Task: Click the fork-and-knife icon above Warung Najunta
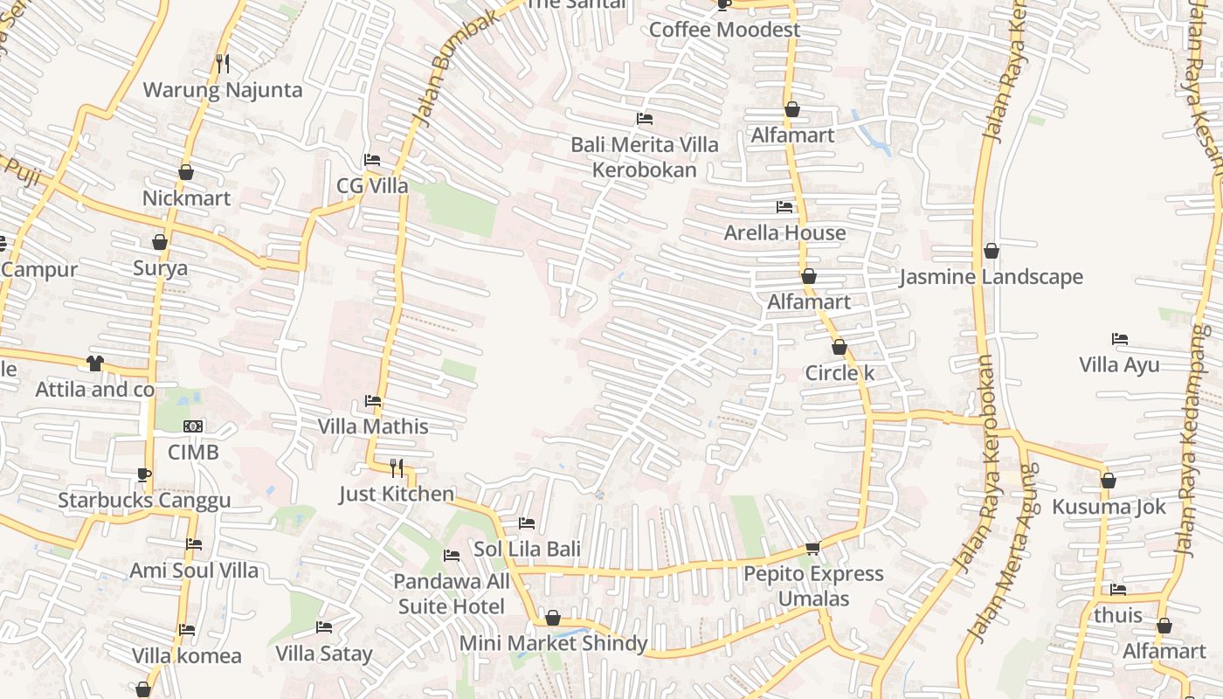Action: point(223,63)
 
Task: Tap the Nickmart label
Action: point(186,198)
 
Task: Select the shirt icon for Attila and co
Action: point(95,363)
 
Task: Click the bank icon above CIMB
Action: point(193,426)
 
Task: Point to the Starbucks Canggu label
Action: point(144,501)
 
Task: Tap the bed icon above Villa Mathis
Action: point(373,401)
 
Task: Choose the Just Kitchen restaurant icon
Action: point(397,467)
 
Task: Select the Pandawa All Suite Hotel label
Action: point(451,594)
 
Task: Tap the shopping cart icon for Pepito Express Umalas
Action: point(812,548)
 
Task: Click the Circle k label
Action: point(840,373)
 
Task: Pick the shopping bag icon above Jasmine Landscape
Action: point(992,252)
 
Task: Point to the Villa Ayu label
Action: point(1119,364)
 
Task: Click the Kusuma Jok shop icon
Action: point(1109,481)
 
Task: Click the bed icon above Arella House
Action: point(784,207)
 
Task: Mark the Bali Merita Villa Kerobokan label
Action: point(645,157)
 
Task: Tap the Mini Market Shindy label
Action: point(553,644)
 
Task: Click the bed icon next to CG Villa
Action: point(371,160)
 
